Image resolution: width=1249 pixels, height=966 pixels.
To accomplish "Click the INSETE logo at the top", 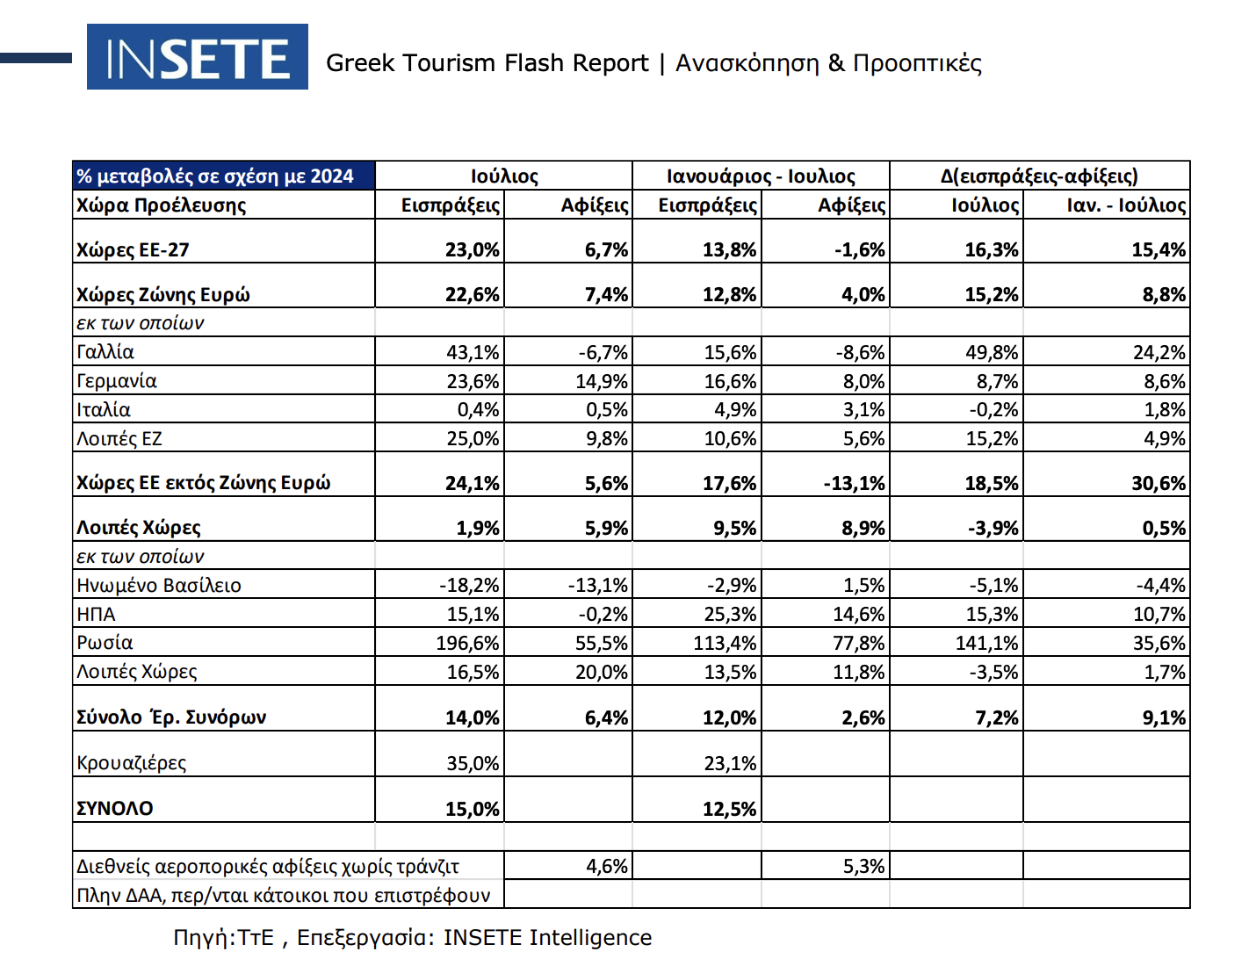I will (198, 57).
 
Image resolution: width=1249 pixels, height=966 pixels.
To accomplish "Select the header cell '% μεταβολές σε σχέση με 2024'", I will (215, 177).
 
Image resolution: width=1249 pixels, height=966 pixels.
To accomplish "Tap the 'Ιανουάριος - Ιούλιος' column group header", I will (761, 177).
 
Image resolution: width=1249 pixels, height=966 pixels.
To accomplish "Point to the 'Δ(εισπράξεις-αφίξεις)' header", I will (1039, 177).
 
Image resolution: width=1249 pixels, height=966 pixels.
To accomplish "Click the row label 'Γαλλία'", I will (105, 352).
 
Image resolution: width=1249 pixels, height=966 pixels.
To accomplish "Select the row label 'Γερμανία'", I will (117, 381).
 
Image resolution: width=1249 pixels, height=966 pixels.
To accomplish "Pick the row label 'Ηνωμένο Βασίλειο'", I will (159, 586).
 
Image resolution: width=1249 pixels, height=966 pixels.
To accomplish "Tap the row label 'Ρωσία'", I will (105, 643).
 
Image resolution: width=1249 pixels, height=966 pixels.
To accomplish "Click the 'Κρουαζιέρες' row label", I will (132, 763).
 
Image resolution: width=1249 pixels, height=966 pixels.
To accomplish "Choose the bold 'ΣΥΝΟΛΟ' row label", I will (115, 809).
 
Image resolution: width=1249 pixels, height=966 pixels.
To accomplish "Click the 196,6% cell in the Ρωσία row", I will (467, 644).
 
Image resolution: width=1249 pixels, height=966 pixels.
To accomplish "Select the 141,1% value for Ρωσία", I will (986, 644).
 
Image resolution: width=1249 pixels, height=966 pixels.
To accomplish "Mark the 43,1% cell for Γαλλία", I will (473, 353).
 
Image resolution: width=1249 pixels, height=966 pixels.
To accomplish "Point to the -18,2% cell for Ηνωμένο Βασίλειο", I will (469, 586).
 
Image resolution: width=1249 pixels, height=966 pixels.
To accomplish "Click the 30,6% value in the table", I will (1159, 484).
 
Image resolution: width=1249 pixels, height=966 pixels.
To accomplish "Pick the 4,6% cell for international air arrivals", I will (607, 867).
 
